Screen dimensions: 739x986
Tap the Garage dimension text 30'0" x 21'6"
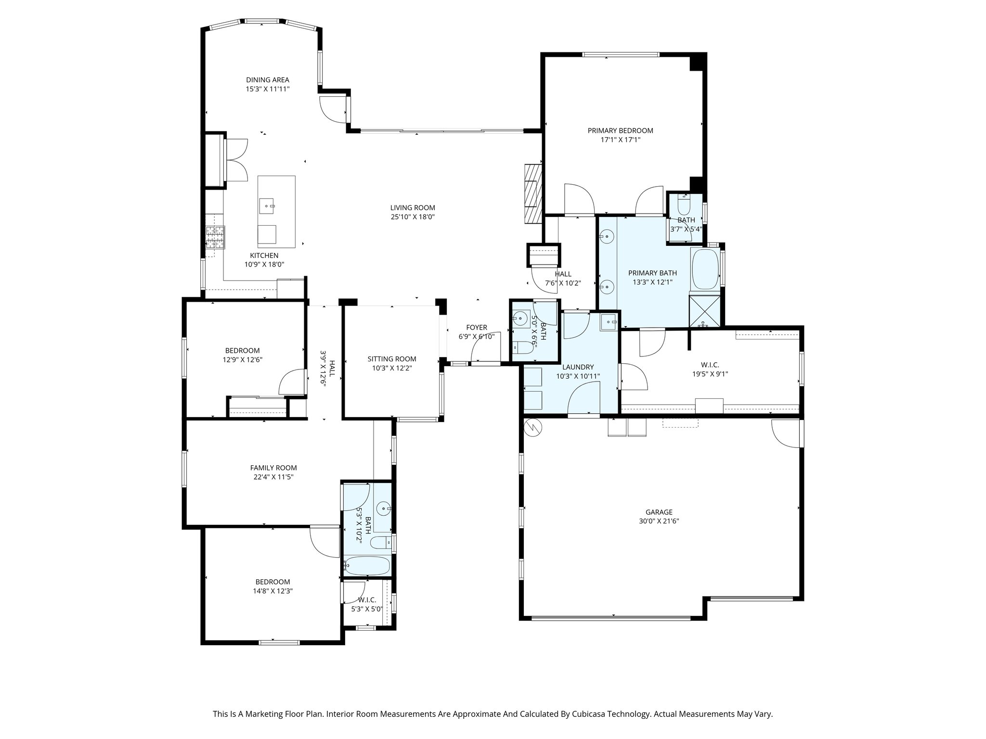[x=659, y=521]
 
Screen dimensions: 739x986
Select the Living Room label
[x=413, y=208]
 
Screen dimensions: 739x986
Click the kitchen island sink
[x=267, y=206]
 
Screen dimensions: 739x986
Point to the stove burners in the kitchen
[x=215, y=237]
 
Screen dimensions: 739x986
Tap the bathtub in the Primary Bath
[x=705, y=269]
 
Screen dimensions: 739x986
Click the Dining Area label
[x=268, y=80]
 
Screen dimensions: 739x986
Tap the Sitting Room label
[x=392, y=359]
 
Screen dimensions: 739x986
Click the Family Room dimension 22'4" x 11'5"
[x=273, y=477]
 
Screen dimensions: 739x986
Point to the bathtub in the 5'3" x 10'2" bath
[x=367, y=566]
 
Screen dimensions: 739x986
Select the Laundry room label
[x=578, y=367]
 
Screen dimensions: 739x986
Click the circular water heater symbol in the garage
[x=533, y=427]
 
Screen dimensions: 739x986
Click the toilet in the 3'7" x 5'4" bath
[x=684, y=207]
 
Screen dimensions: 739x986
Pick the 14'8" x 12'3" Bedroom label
[x=272, y=582]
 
